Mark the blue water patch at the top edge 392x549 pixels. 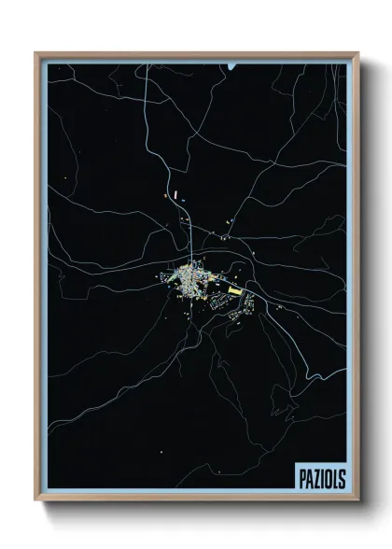tap(231, 67)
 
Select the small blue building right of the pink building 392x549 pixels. tap(186, 199)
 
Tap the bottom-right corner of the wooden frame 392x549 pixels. tap(356, 499)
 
